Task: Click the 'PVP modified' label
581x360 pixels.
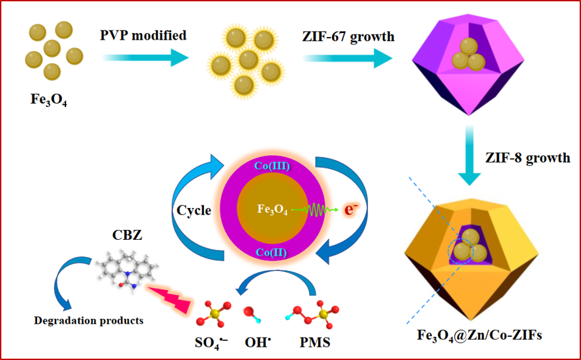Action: click(143, 36)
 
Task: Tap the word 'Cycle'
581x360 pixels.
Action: click(193, 211)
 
